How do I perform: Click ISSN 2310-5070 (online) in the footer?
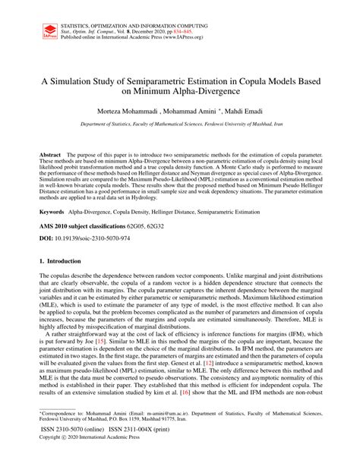(x=72, y=450)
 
